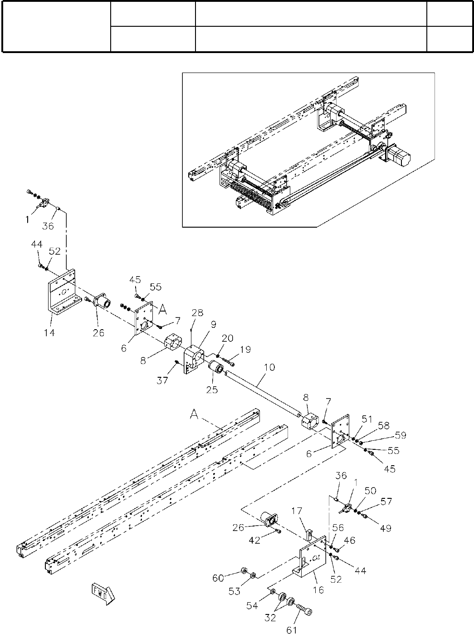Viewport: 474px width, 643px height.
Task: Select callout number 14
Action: (49, 333)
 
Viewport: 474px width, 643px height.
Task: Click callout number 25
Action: (212, 390)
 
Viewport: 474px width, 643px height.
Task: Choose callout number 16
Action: (318, 590)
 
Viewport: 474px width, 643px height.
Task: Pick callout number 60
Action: (218, 578)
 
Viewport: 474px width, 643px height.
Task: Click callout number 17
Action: (297, 511)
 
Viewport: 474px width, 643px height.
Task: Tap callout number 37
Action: (162, 380)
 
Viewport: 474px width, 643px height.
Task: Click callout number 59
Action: (400, 436)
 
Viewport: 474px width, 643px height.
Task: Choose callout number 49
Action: (386, 528)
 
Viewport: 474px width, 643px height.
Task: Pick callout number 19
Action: (245, 350)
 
